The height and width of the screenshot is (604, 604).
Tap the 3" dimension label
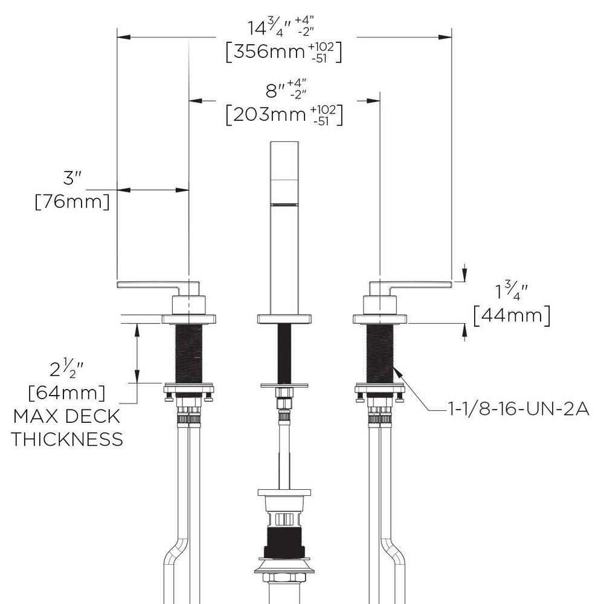[73, 179]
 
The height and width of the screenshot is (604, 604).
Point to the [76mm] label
[72, 201]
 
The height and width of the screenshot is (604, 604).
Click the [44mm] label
[512, 315]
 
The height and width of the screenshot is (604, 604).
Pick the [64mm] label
[67, 393]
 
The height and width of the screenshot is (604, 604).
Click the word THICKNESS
[66, 439]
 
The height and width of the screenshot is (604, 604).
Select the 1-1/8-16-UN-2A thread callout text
[518, 410]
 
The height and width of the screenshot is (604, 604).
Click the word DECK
[95, 417]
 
